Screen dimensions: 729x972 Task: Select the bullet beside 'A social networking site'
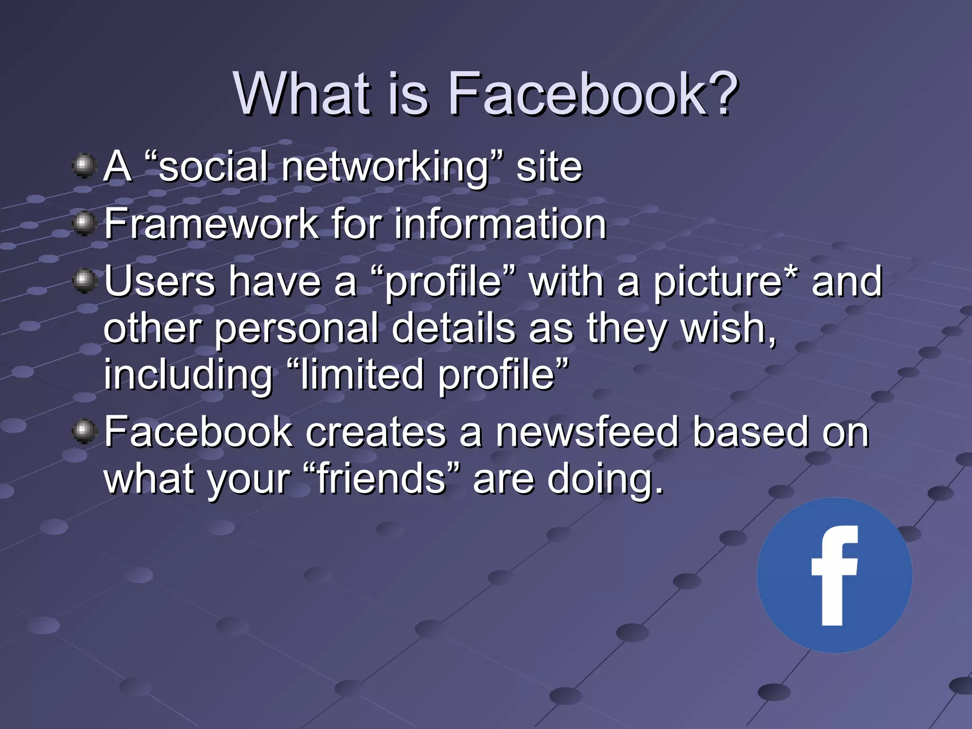pos(84,166)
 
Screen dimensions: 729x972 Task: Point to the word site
pos(549,167)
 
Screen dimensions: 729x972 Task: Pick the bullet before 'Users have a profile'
pos(84,281)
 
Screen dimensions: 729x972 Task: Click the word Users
pos(159,281)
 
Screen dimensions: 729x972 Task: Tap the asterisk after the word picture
pos(791,274)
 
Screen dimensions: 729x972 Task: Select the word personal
pos(296,329)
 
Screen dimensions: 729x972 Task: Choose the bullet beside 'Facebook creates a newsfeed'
pos(84,431)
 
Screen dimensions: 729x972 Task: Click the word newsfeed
pos(587,432)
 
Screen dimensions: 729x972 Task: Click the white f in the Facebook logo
pos(834,575)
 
